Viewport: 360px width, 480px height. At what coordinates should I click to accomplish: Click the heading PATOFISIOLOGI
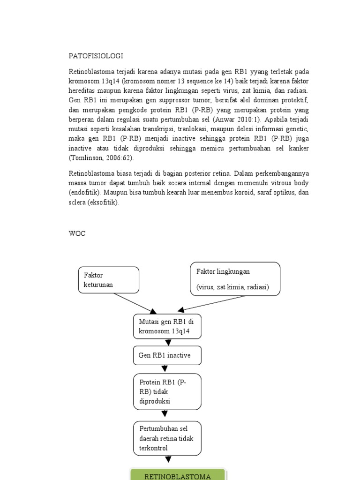point(96,56)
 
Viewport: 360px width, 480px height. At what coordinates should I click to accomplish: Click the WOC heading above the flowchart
point(77,233)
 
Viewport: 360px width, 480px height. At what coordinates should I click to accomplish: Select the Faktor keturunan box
point(108,280)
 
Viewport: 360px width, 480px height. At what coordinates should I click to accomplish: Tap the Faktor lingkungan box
point(235,279)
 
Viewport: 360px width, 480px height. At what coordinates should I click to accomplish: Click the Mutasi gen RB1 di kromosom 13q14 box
point(167,326)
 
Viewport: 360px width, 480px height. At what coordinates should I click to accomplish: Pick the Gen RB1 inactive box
point(167,355)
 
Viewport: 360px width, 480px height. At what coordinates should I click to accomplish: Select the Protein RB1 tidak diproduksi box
point(167,391)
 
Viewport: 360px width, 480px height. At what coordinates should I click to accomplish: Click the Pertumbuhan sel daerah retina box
point(167,438)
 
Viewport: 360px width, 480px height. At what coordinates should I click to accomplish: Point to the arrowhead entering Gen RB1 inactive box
point(168,343)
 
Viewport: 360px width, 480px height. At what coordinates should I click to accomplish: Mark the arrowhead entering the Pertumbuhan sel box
point(165,414)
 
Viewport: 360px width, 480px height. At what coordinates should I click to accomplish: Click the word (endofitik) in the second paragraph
point(84,193)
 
